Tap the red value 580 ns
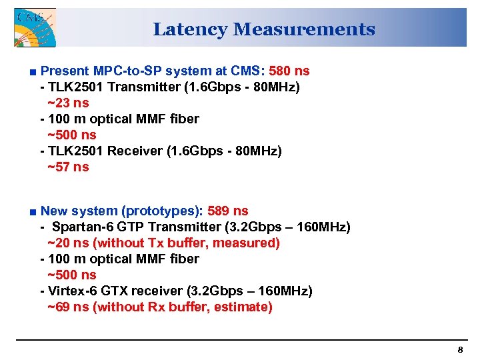point(289,71)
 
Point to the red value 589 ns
point(228,211)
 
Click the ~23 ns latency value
point(68,103)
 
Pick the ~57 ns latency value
point(68,167)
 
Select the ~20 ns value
point(68,243)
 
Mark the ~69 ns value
point(68,307)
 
